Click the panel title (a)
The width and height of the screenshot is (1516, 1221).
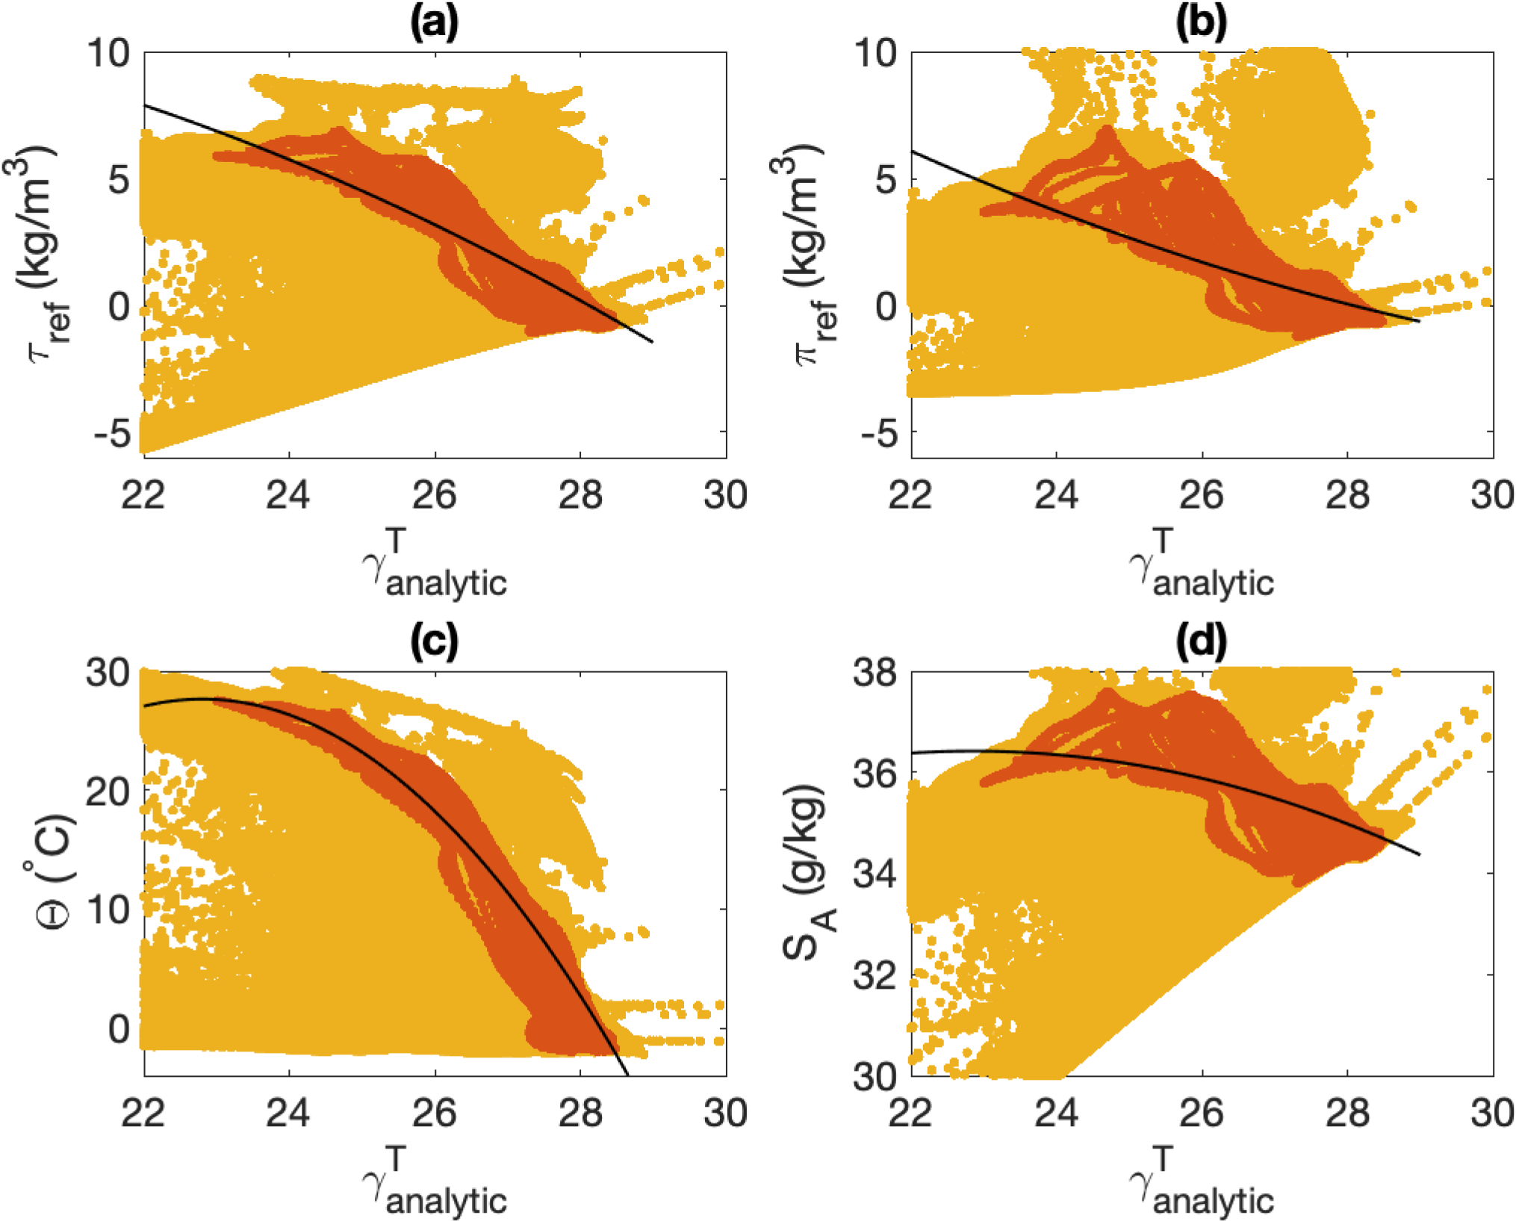tap(434, 22)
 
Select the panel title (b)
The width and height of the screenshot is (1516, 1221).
tap(1201, 22)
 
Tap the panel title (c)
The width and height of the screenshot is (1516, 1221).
tap(434, 641)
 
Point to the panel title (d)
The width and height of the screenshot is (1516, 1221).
tap(1201, 641)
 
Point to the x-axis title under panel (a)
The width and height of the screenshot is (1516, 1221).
tap(435, 566)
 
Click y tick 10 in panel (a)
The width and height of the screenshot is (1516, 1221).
tap(108, 54)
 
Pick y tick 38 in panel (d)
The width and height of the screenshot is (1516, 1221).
tap(875, 673)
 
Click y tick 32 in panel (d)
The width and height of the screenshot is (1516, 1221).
tap(875, 975)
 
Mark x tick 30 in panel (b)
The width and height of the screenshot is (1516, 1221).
tap(1492, 495)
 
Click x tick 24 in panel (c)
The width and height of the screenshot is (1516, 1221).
tap(289, 1113)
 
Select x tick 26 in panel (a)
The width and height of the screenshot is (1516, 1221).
tap(435, 495)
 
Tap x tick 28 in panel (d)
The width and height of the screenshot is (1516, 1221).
tap(1347, 1113)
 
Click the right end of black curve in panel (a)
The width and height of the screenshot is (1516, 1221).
tap(653, 342)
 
